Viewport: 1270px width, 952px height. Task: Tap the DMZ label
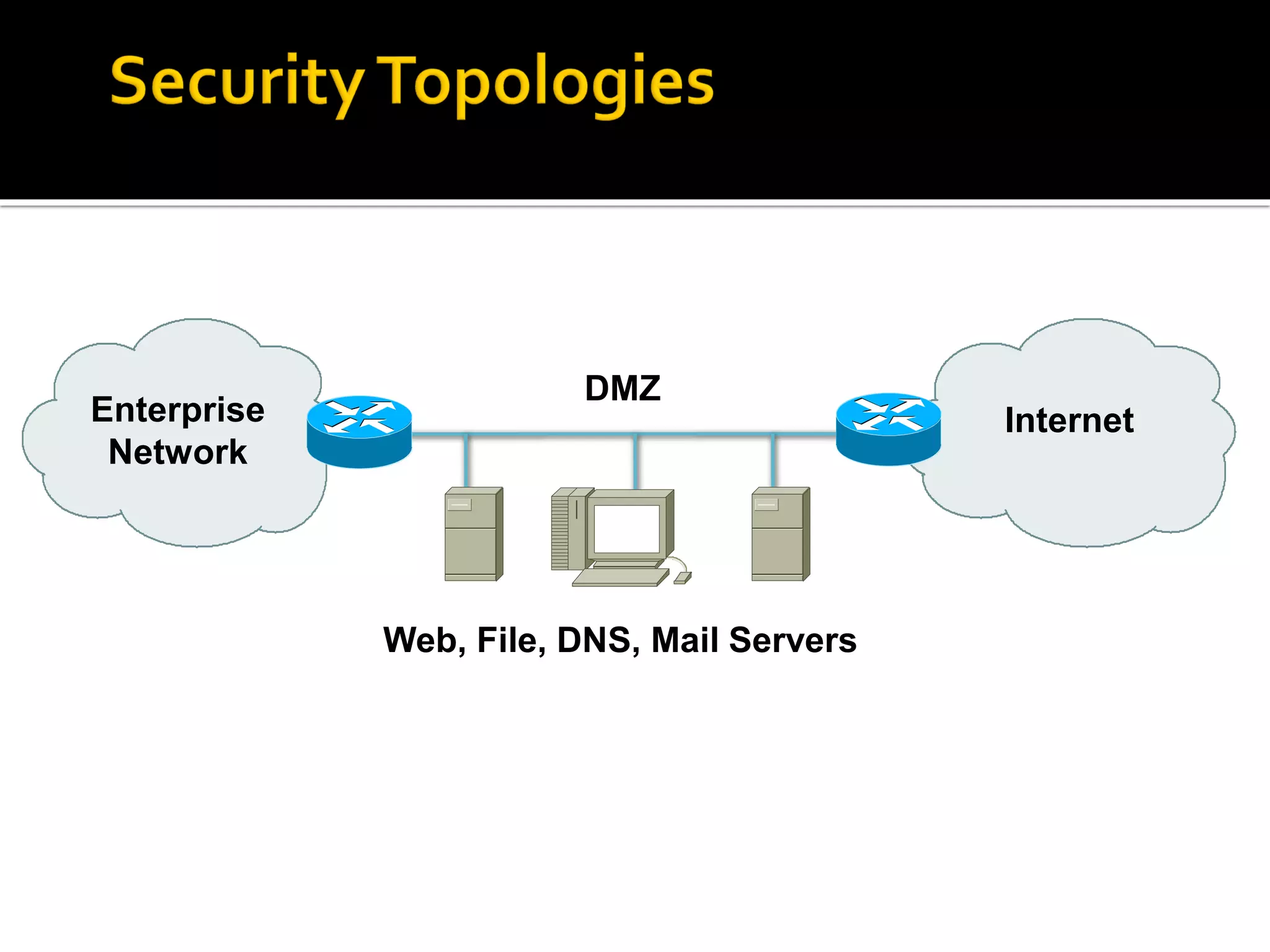click(x=623, y=389)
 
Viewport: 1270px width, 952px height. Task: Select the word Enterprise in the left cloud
click(x=178, y=410)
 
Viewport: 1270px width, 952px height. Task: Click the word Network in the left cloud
click(x=178, y=452)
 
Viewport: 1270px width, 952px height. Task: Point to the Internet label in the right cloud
click(x=1069, y=420)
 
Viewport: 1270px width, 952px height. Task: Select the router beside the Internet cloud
click(x=888, y=428)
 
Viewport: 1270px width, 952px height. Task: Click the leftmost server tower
click(x=473, y=534)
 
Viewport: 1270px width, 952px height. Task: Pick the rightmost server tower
click(x=779, y=534)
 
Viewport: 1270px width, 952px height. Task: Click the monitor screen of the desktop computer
click(x=626, y=529)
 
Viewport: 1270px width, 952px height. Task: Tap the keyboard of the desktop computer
click(x=618, y=578)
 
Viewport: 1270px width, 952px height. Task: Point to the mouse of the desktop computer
click(x=682, y=578)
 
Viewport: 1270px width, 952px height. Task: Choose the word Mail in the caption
click(x=685, y=640)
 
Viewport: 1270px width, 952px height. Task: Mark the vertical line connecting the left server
click(x=466, y=460)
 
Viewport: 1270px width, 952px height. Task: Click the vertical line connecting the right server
click(x=773, y=460)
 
